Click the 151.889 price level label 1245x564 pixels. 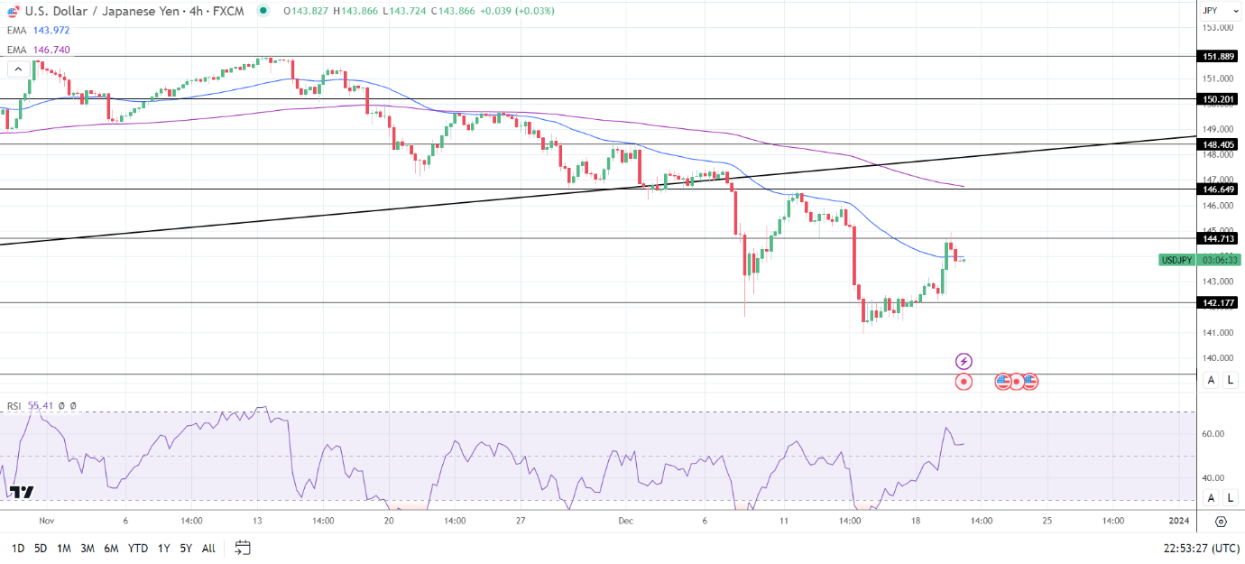click(1219, 56)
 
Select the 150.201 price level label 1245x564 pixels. click(1219, 99)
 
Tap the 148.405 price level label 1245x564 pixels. click(1219, 143)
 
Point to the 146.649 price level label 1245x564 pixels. click(1219, 189)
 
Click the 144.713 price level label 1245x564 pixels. click(1219, 238)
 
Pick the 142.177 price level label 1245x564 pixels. click(1219, 303)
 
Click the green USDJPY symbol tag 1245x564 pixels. click(1177, 260)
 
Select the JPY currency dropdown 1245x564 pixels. click(1215, 11)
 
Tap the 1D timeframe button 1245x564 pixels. click(17, 548)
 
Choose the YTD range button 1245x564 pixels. click(137, 548)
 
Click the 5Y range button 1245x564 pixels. click(185, 548)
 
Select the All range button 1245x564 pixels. click(208, 548)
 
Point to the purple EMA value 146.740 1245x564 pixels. click(51, 50)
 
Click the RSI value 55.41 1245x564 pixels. click(41, 406)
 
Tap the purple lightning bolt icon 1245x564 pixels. click(964, 361)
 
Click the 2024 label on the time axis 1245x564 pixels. click(1178, 521)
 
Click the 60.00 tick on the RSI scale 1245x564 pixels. click(1213, 434)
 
